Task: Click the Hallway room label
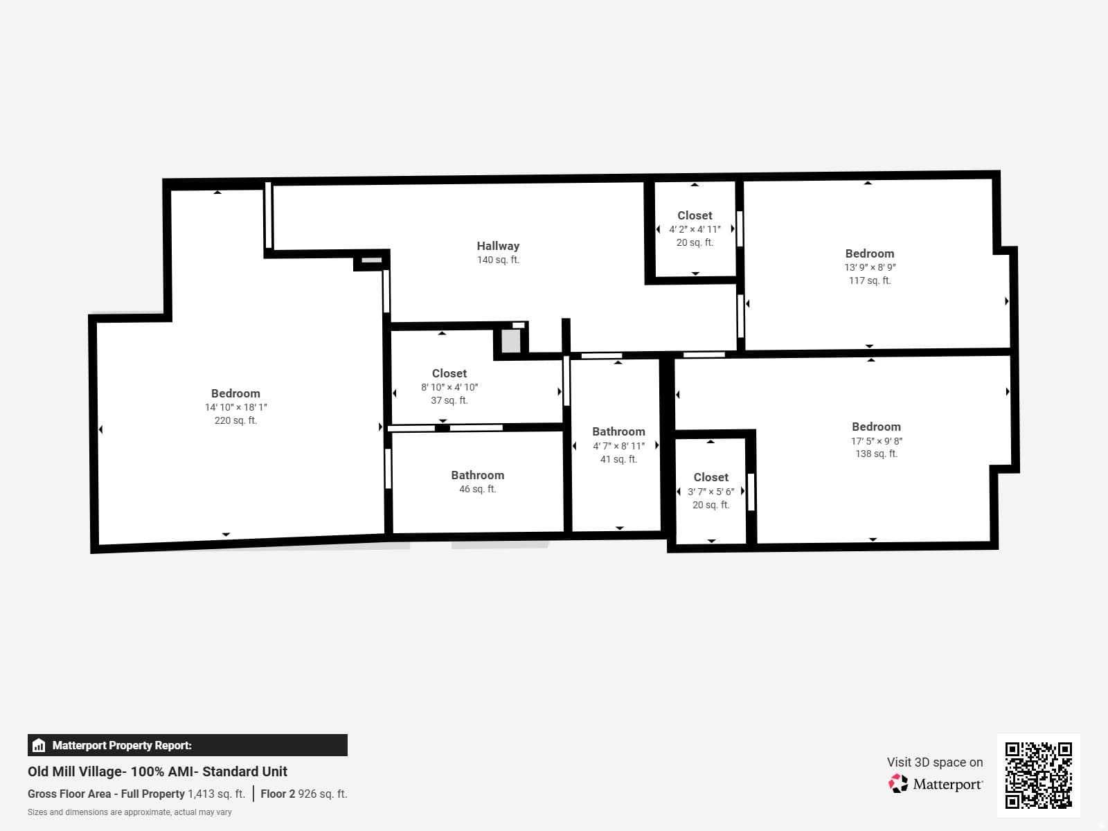point(498,246)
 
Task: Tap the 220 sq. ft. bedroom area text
point(235,420)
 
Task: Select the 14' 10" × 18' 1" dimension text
point(235,407)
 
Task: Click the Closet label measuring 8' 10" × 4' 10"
point(449,373)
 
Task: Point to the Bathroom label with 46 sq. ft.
point(478,475)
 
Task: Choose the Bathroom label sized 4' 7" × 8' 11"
point(618,432)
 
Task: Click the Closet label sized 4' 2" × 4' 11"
point(695,215)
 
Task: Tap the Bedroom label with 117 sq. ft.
point(869,253)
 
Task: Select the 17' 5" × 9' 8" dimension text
point(876,441)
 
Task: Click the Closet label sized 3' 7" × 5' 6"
point(711,477)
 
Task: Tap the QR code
point(1038,776)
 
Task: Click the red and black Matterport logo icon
point(898,784)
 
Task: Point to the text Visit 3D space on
point(935,762)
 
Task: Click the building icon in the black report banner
point(39,745)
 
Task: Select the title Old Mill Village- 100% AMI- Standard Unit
point(157,771)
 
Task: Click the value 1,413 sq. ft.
point(216,794)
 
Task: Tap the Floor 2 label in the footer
point(278,794)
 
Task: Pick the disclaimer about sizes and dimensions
point(129,812)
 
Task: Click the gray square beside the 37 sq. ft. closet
point(511,341)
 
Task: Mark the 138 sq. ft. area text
point(876,454)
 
